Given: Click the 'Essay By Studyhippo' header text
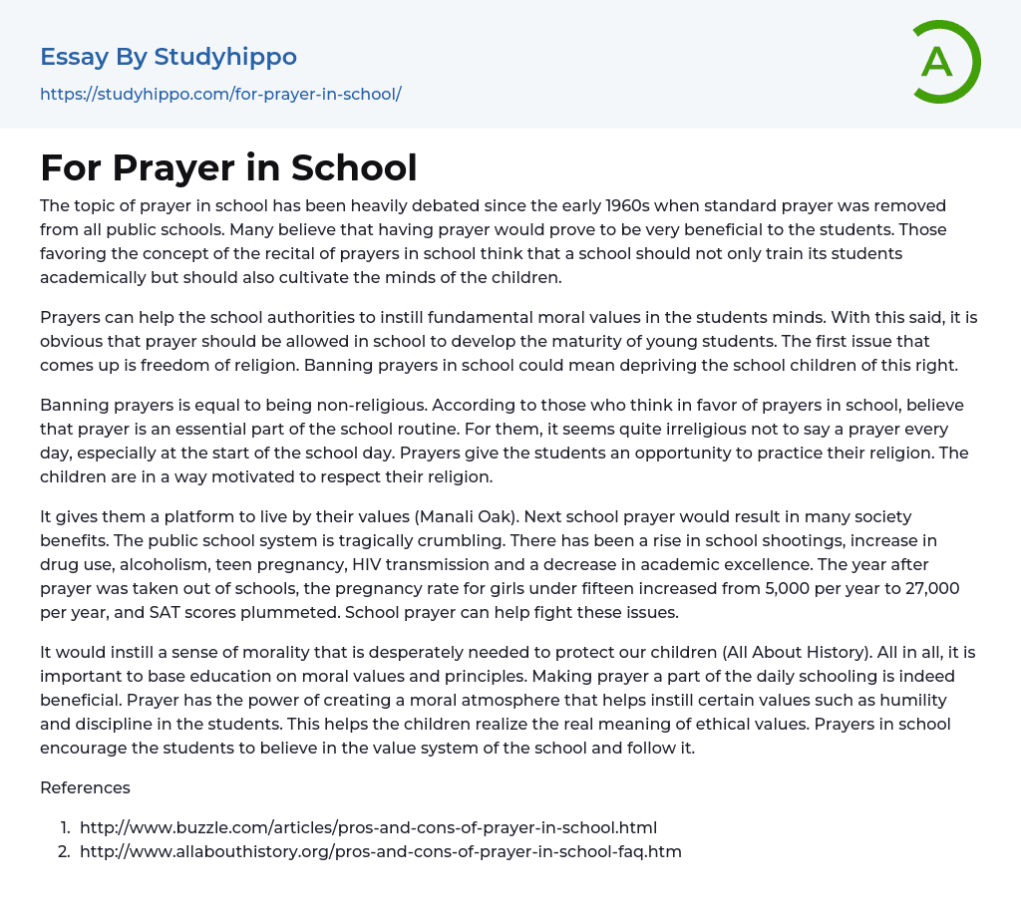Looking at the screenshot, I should [x=169, y=57].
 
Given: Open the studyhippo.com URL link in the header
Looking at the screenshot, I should [x=220, y=95].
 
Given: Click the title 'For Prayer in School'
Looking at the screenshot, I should [x=228, y=167].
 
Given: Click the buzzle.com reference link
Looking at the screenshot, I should [x=368, y=827].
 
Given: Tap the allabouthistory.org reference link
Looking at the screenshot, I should [x=380, y=851].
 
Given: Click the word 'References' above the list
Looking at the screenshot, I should [x=85, y=787].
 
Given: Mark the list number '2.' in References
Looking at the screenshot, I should [x=64, y=851].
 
